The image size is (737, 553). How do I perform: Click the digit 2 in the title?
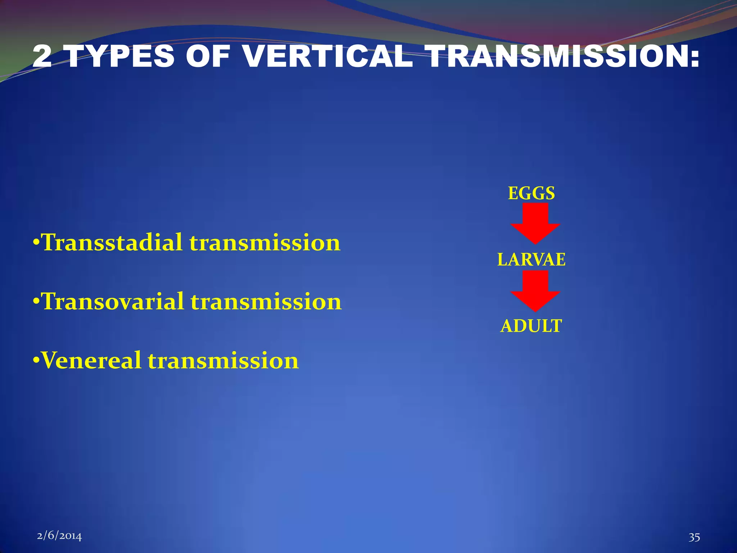[42, 57]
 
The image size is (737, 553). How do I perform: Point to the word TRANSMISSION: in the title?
[564, 57]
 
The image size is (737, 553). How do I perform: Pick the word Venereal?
[91, 361]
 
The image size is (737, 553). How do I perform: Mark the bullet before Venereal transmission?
[36, 360]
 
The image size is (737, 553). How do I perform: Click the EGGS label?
[531, 193]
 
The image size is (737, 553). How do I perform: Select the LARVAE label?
[531, 260]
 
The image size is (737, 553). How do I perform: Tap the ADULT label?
[531, 326]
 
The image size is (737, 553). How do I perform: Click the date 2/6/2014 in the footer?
[59, 536]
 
